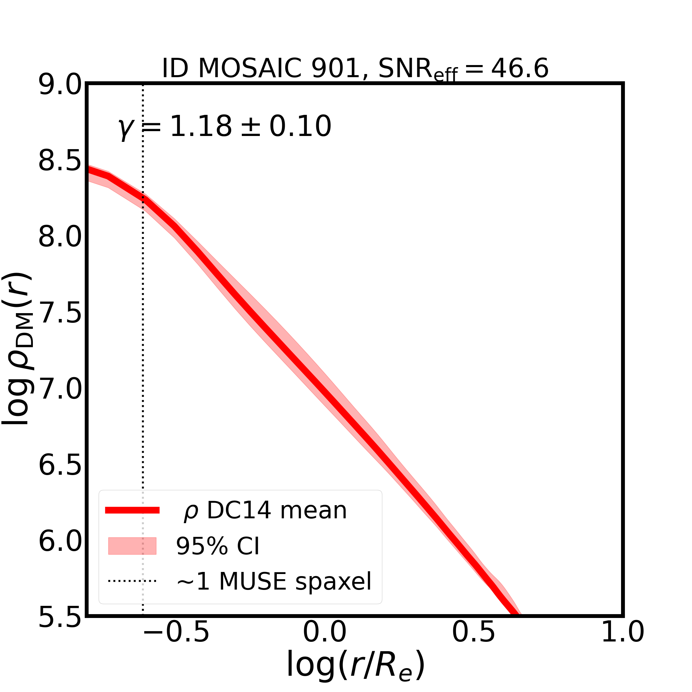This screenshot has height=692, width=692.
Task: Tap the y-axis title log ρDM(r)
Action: click(18, 349)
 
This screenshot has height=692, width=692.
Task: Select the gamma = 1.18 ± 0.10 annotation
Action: click(225, 127)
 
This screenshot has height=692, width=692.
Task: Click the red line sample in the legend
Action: click(132, 510)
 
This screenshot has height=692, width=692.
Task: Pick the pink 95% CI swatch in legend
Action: click(132, 546)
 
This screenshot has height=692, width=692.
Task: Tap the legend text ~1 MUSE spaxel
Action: click(274, 581)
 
